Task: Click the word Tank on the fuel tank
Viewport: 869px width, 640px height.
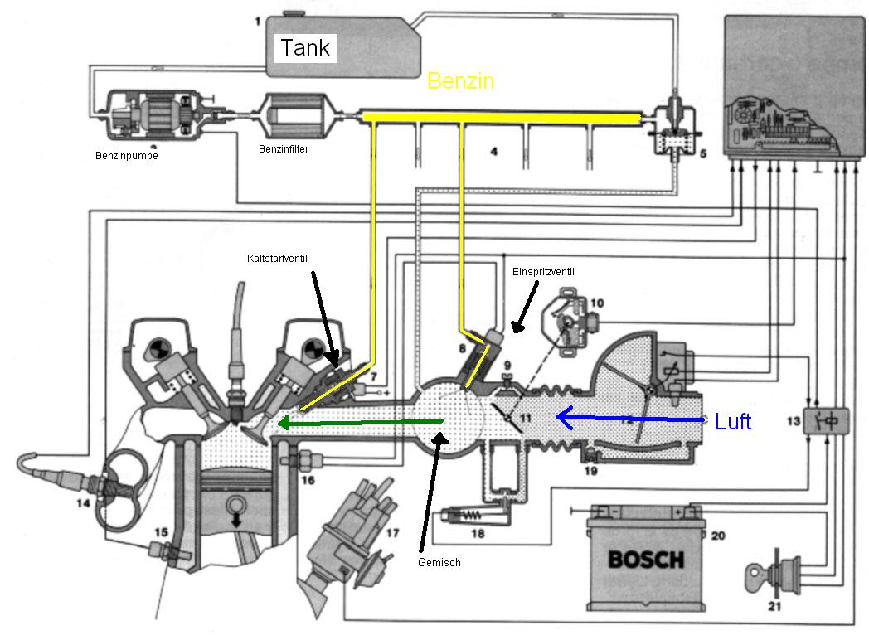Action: (x=305, y=47)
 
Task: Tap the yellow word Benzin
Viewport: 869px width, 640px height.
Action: (x=460, y=81)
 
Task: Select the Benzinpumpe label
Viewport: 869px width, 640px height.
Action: (x=127, y=156)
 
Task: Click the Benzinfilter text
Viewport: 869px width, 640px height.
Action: (x=284, y=149)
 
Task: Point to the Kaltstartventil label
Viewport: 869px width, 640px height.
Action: (x=277, y=258)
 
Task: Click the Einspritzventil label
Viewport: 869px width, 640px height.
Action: (x=543, y=272)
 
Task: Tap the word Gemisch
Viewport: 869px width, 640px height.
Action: (x=439, y=562)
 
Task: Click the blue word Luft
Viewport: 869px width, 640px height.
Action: (x=733, y=422)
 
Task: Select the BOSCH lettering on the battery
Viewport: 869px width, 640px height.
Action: (x=646, y=560)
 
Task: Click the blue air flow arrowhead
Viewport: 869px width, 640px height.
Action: (x=564, y=418)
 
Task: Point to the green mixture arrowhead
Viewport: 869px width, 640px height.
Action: (x=284, y=423)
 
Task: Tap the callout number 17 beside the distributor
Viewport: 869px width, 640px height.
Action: (x=392, y=533)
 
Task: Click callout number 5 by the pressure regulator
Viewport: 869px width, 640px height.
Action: (x=702, y=153)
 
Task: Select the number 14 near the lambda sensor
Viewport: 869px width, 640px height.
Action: (x=83, y=503)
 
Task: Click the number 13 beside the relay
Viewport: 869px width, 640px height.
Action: (x=794, y=422)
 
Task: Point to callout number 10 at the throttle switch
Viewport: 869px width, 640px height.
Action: (x=597, y=303)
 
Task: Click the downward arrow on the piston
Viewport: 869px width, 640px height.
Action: (x=236, y=520)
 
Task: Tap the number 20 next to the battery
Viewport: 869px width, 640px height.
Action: (x=718, y=536)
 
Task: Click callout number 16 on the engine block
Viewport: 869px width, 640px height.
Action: (x=308, y=481)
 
